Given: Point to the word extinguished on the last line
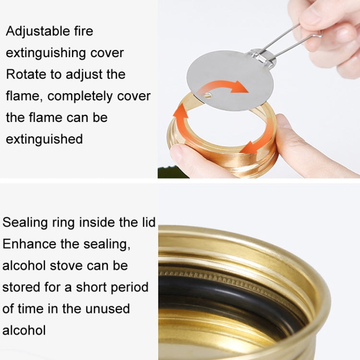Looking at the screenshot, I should (44, 139).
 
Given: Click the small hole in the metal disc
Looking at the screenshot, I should (207, 96).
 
